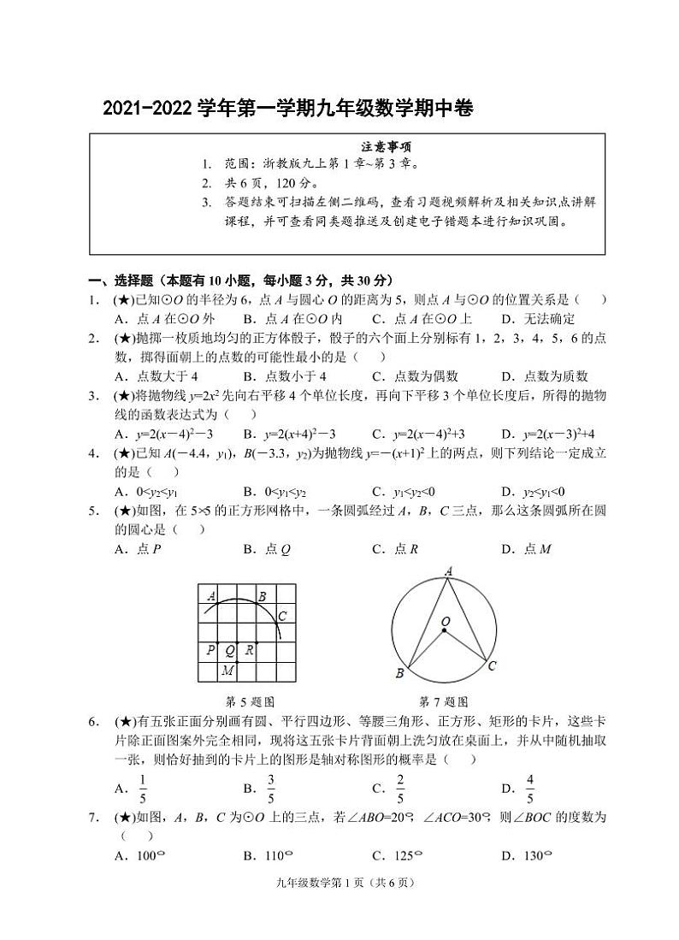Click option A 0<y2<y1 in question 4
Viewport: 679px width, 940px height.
pos(146,491)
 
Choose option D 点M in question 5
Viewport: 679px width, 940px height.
pos(526,549)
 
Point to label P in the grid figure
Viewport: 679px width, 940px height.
pos(210,650)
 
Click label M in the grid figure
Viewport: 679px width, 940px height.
pos(227,671)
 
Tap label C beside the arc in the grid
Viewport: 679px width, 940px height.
pos(282,615)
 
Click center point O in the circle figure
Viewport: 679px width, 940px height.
pos(445,622)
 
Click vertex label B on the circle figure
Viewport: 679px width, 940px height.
pos(399,674)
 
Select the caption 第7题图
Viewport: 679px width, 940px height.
pos(443,701)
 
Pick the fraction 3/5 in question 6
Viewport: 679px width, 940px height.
pos(270,789)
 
